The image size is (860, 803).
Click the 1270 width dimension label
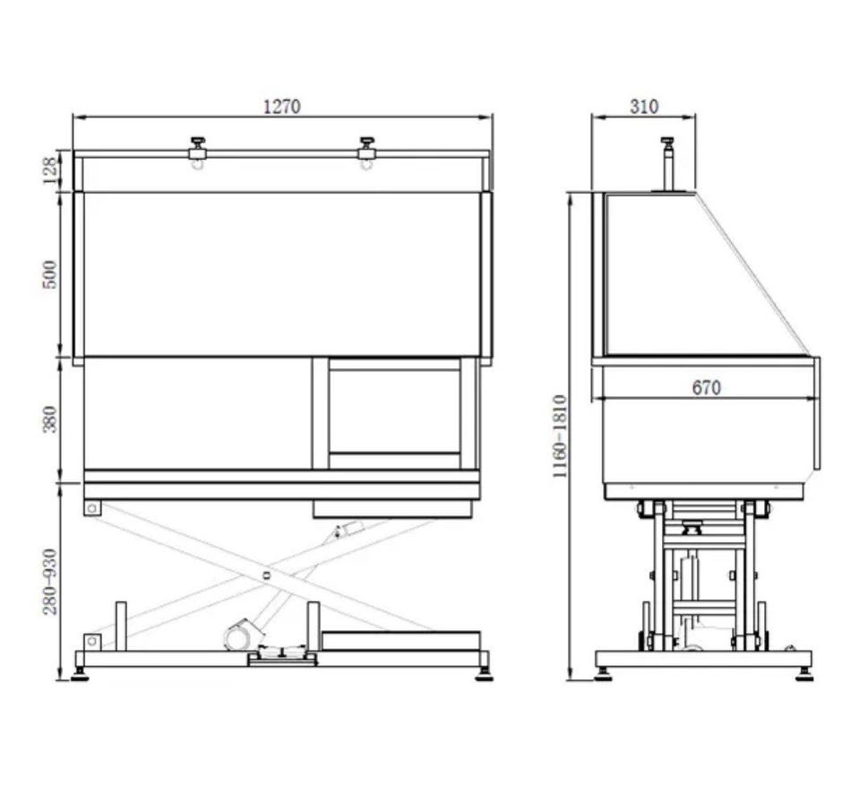pyautogui.click(x=282, y=106)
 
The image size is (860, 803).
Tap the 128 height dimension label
pyautogui.click(x=49, y=170)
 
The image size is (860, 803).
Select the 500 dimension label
pyautogui.click(x=49, y=274)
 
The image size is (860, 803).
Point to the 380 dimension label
pyautogui.click(x=49, y=419)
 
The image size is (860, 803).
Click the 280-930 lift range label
pyautogui.click(x=49, y=582)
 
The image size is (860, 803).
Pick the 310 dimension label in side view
pyautogui.click(x=644, y=106)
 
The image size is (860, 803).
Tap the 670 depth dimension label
pyautogui.click(x=707, y=387)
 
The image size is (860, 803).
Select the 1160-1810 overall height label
pyautogui.click(x=560, y=436)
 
